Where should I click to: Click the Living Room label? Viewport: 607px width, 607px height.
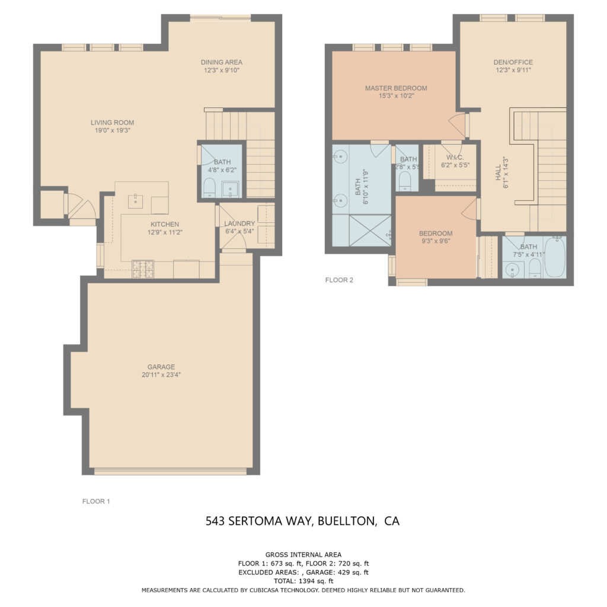110,123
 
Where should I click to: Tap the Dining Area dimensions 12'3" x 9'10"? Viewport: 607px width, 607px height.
221,70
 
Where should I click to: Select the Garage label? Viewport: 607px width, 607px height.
161,366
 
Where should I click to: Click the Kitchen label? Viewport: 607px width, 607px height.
164,224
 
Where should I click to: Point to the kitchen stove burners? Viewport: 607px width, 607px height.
142,269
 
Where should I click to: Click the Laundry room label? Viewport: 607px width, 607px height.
239,223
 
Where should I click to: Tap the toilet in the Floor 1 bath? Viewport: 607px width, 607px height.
209,189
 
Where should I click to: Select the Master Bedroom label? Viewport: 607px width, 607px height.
395,88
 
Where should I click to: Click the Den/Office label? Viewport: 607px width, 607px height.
513,62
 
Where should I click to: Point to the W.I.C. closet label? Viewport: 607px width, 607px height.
455,158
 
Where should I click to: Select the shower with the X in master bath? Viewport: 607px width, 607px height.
370,231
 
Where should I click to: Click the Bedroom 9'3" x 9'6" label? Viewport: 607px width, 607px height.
435,233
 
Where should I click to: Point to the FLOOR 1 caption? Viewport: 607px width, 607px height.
96,501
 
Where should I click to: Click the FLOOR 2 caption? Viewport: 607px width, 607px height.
339,280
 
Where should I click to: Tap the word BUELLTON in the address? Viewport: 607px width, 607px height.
347,521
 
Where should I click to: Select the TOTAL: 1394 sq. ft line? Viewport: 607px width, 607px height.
303,582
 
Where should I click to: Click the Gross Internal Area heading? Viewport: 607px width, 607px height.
303,555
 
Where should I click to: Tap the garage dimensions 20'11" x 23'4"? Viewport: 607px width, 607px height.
161,375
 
